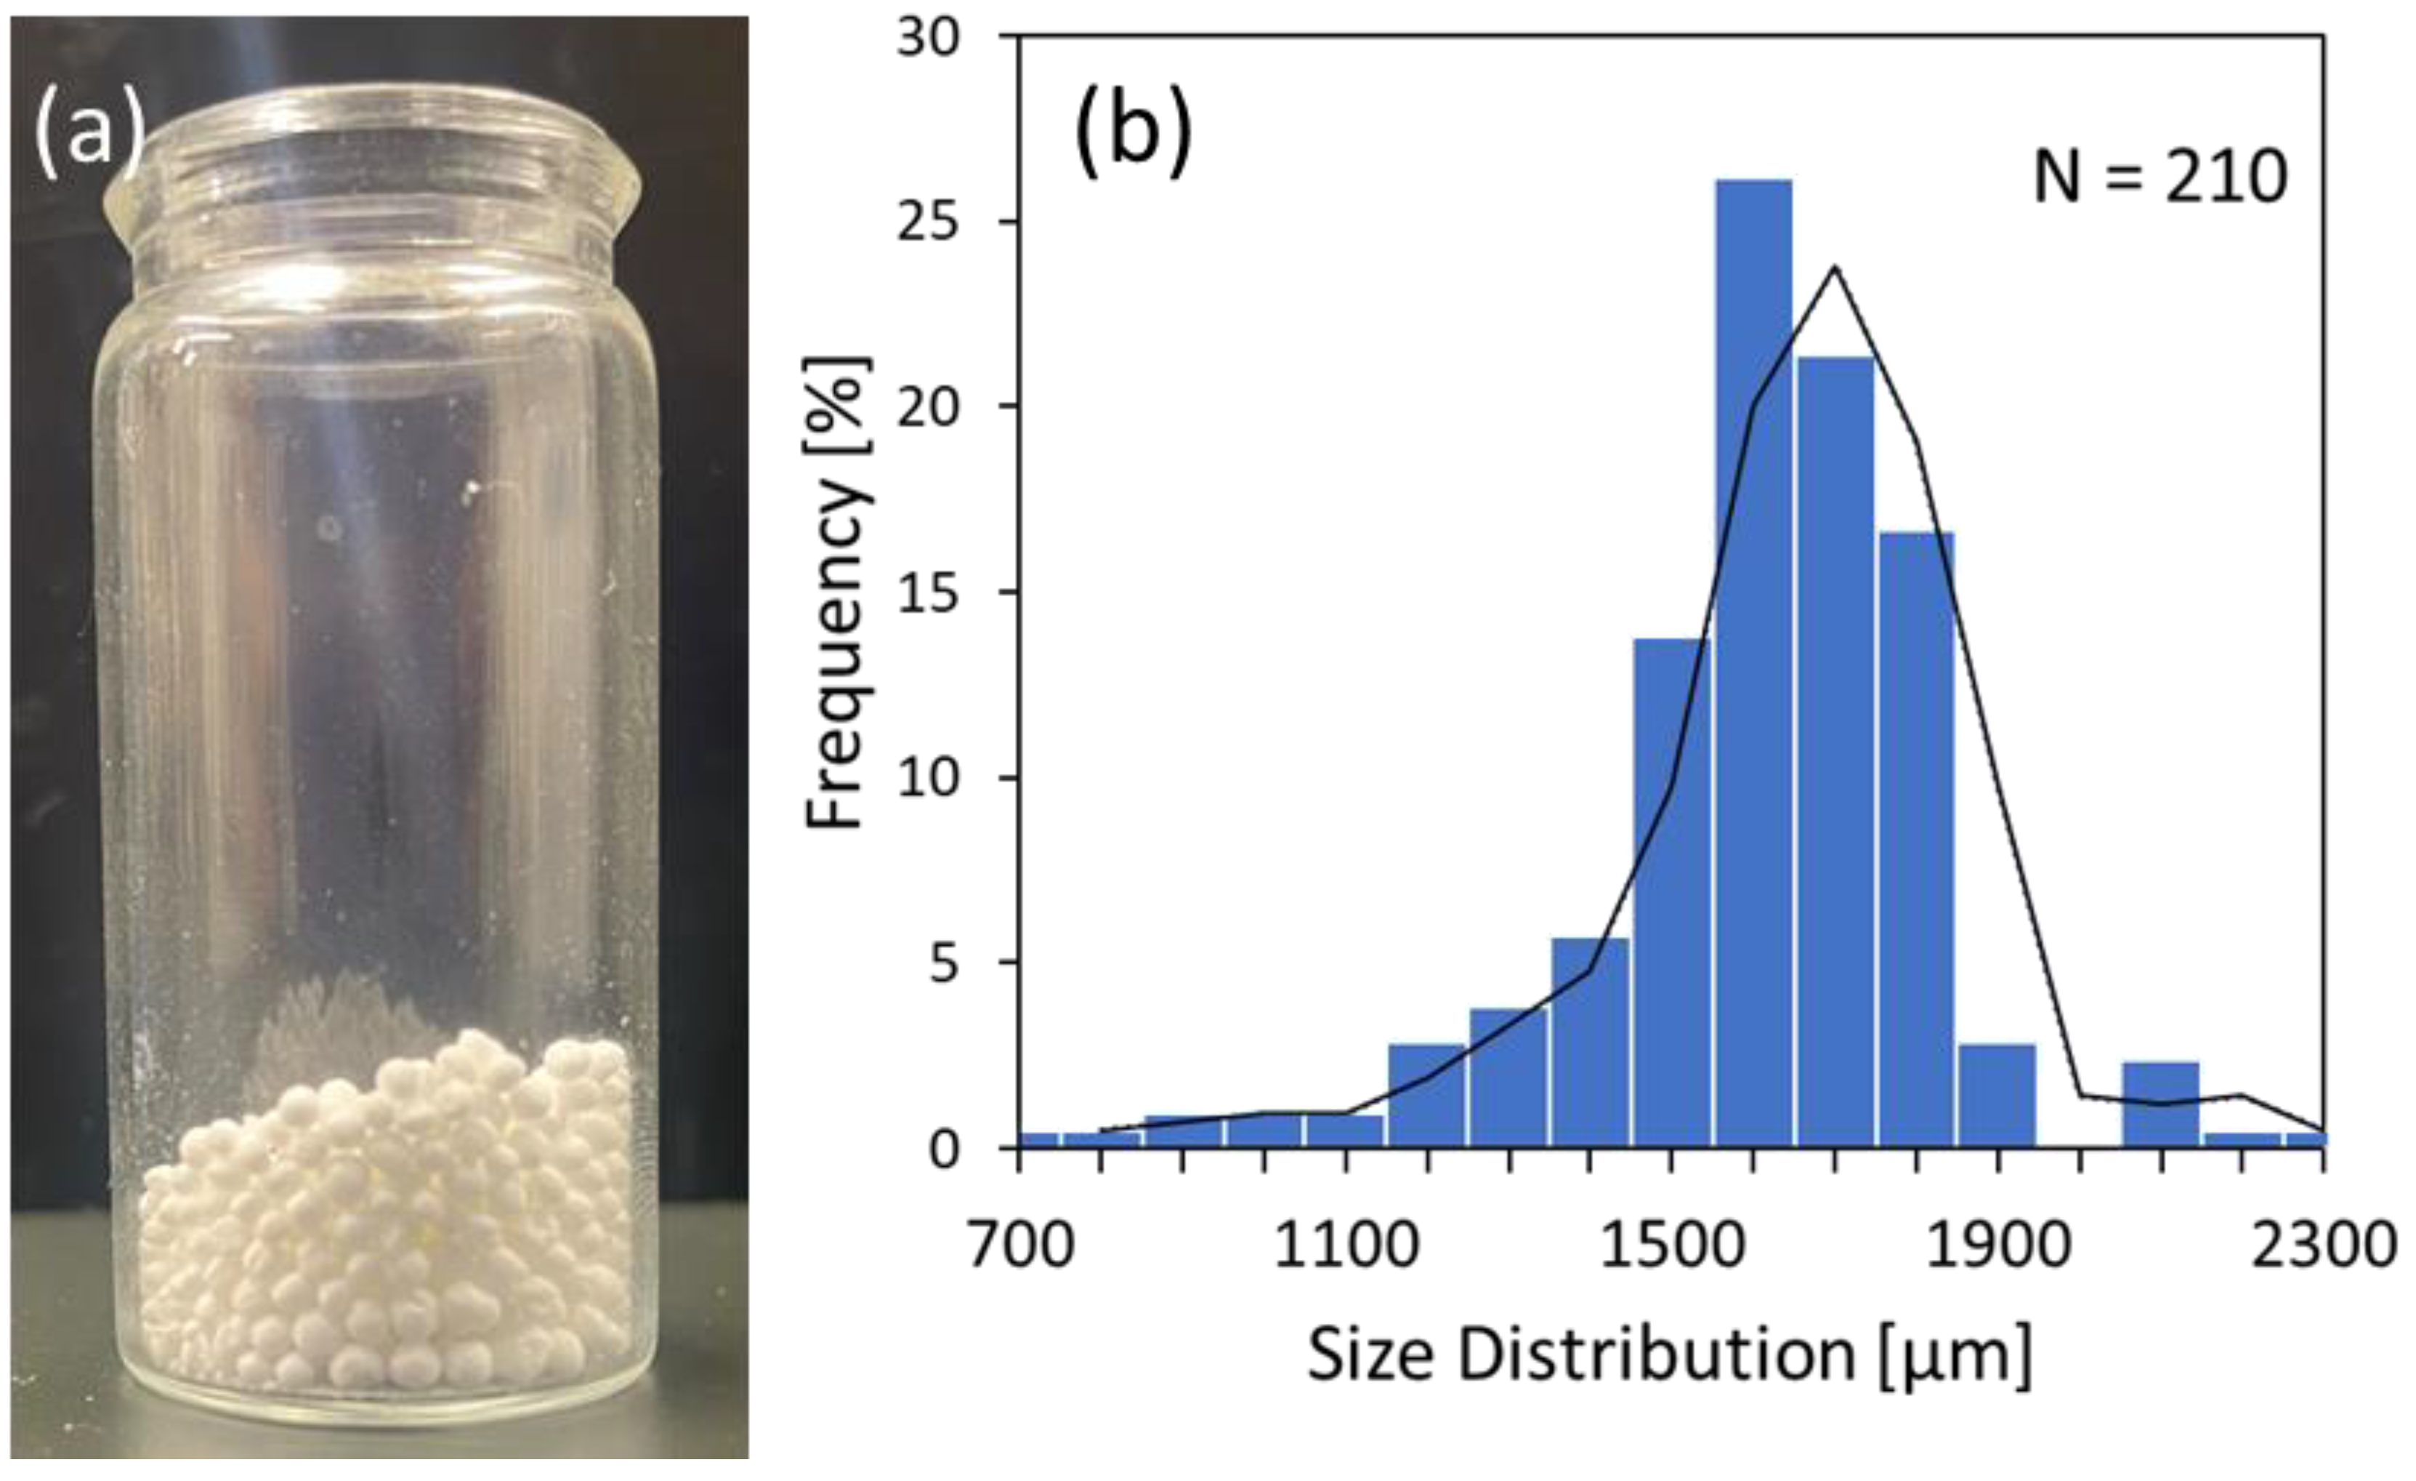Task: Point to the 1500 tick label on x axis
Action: click(x=1672, y=1245)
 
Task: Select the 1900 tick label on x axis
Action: click(x=1997, y=1245)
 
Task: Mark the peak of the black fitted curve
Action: click(x=1835, y=267)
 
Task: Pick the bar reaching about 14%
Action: click(x=1672, y=893)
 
